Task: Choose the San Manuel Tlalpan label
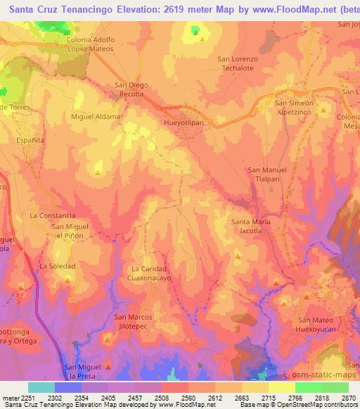click(269, 174)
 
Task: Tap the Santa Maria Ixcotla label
click(251, 226)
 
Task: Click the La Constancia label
click(53, 215)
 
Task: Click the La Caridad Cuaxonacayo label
click(149, 273)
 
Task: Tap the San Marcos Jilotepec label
click(132, 322)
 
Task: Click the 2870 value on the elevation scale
click(347, 398)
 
